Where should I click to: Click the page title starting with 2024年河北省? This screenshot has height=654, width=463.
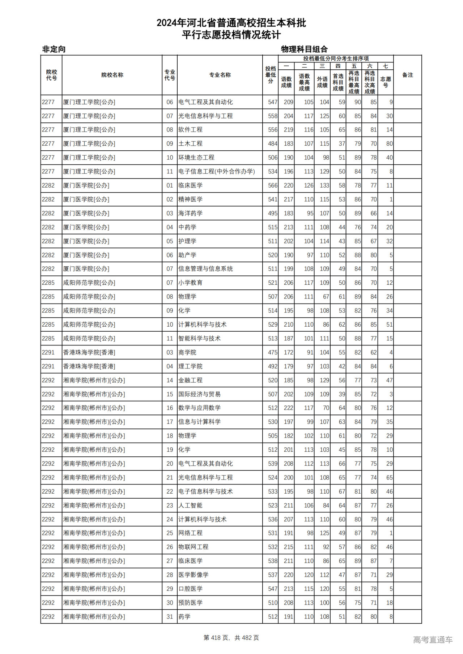coord(231,23)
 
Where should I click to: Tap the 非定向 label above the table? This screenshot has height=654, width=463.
coord(54,49)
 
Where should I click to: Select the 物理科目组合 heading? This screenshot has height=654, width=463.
coord(304,49)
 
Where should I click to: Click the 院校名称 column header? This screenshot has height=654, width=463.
coord(112,75)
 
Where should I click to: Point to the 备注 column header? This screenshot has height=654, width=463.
coord(407,75)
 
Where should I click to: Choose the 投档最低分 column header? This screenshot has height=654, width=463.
coord(270,75)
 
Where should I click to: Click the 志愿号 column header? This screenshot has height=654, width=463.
coord(386,82)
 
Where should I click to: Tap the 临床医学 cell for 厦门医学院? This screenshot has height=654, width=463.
coord(190,186)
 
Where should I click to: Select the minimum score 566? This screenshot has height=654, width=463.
coord(272,186)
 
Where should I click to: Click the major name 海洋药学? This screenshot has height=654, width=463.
coord(190,214)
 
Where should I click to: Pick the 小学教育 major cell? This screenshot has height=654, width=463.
coord(190,283)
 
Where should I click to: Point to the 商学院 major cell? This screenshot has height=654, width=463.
coord(187,353)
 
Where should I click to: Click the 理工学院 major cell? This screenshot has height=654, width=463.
coord(190,366)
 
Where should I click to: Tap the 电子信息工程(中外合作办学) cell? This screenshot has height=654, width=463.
coord(217,172)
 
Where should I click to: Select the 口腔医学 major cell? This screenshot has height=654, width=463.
coord(190,589)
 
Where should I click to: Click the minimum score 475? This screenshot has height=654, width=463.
coord(272,353)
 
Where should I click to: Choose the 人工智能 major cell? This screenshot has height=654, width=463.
coord(190,505)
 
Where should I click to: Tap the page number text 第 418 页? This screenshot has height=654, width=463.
coord(217,638)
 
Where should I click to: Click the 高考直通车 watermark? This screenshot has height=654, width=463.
coord(433,640)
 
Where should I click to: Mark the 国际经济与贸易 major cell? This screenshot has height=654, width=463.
coord(199,394)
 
